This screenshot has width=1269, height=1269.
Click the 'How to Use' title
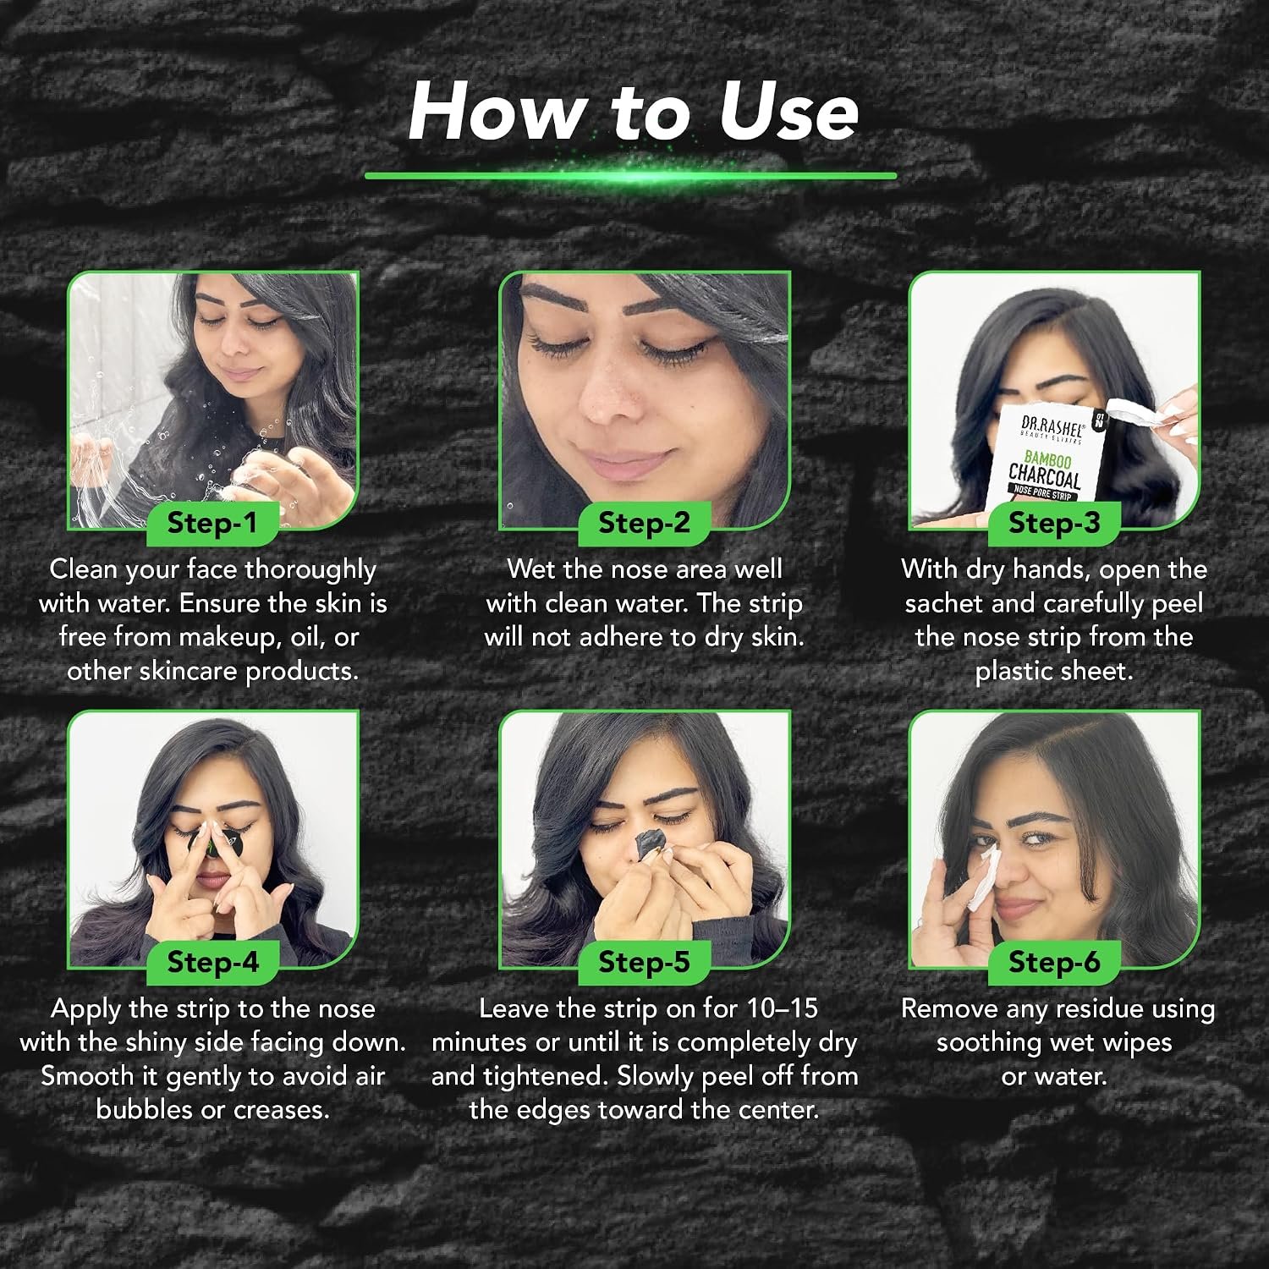633,113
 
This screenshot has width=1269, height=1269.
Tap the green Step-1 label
211,524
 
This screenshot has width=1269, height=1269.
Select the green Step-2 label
644,524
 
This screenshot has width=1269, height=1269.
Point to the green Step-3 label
1053,524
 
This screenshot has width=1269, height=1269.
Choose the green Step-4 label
211,963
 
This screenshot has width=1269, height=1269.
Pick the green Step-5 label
644,963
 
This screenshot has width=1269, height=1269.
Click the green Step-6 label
1053,963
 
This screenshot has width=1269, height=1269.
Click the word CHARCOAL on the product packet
1045,475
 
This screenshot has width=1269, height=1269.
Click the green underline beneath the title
630,176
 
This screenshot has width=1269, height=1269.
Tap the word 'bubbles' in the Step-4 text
145,1109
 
